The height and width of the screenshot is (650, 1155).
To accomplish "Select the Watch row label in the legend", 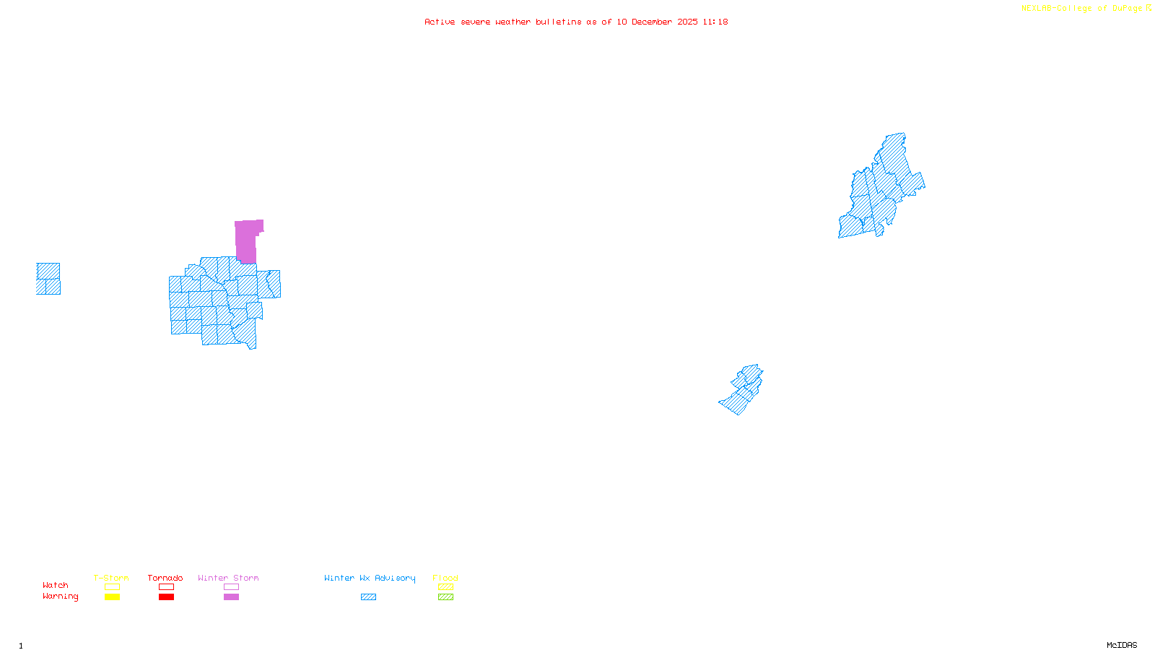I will [56, 585].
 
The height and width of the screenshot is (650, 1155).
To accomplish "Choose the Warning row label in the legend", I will [60, 597].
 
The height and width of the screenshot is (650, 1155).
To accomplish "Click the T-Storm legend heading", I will [111, 578].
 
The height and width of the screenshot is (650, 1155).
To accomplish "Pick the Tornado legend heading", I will [165, 578].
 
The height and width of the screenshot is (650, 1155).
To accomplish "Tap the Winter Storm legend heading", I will [228, 578].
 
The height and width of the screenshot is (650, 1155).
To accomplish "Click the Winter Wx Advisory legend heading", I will [370, 578].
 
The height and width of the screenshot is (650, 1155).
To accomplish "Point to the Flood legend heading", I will [445, 578].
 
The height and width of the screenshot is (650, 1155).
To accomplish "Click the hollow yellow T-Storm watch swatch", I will [112, 587].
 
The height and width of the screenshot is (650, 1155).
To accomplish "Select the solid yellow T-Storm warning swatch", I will [112, 597].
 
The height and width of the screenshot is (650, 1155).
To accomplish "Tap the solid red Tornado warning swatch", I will [166, 597].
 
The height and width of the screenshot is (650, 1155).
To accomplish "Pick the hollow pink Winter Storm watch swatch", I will [231, 587].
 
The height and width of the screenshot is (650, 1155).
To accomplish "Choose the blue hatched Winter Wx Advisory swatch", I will [368, 597].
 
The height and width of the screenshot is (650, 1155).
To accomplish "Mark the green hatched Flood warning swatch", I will [445, 597].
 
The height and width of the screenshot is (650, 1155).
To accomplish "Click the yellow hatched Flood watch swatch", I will [445, 587].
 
